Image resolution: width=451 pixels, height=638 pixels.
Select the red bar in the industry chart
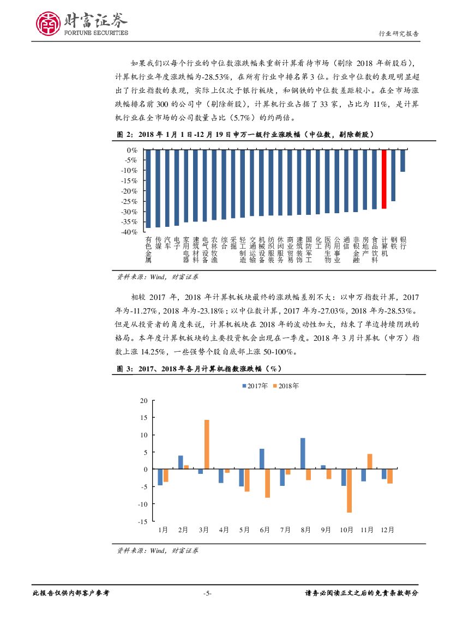pyautogui.click(x=384, y=179)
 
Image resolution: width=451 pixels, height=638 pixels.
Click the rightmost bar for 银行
pyautogui.click(x=402, y=160)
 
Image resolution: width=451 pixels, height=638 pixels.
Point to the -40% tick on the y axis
pyautogui.click(x=130, y=232)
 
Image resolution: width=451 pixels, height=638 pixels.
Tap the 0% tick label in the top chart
pyautogui.click(x=132, y=150)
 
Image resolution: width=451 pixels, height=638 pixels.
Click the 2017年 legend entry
pyautogui.click(x=257, y=386)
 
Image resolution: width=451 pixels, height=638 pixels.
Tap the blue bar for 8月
pyautogui.click(x=303, y=454)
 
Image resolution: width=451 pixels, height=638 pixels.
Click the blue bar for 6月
pyautogui.click(x=262, y=459)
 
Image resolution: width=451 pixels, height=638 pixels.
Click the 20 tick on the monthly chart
pyautogui.click(x=144, y=401)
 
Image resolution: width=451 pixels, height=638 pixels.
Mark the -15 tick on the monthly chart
pyautogui.click(x=143, y=522)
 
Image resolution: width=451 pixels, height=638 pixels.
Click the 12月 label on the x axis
pyautogui.click(x=387, y=529)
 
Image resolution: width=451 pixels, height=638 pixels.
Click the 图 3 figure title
pyautogui.click(x=199, y=369)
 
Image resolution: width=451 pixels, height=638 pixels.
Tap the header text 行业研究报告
pyautogui.click(x=399, y=34)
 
